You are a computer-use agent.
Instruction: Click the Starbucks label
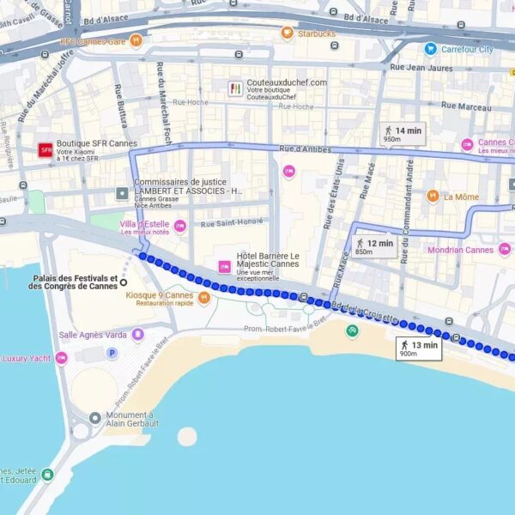[316, 34]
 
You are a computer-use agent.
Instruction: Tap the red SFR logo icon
[46, 150]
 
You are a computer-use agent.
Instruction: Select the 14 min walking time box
[403, 133]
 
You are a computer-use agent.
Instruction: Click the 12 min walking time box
[375, 246]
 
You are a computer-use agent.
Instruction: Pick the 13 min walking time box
[419, 348]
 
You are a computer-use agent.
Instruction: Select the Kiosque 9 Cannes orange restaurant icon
[203, 299]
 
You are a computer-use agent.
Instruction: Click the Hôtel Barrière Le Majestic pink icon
[224, 266]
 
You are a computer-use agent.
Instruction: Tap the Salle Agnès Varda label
[92, 335]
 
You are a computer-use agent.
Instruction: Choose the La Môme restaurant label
[461, 197]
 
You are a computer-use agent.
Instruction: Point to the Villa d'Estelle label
[146, 226]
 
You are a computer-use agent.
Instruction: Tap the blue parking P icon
[111, 353]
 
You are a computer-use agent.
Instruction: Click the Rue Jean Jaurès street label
[421, 66]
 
